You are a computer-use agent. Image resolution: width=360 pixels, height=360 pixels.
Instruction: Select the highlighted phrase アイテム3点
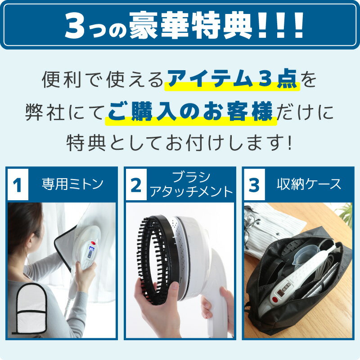click(x=231, y=80)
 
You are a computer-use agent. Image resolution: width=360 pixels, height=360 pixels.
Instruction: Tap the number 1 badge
click(x=18, y=185)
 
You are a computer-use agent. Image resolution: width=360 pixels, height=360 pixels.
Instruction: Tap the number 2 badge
click(x=135, y=185)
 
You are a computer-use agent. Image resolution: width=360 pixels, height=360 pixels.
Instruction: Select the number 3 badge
click(x=254, y=185)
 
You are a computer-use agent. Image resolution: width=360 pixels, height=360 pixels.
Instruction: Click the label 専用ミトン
click(x=72, y=184)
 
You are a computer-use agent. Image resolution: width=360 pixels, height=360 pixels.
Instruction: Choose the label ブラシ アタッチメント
click(x=192, y=185)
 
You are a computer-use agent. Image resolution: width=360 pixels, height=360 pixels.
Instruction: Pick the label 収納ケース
click(x=309, y=184)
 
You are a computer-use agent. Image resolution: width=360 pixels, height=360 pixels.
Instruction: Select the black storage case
click(x=297, y=288)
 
